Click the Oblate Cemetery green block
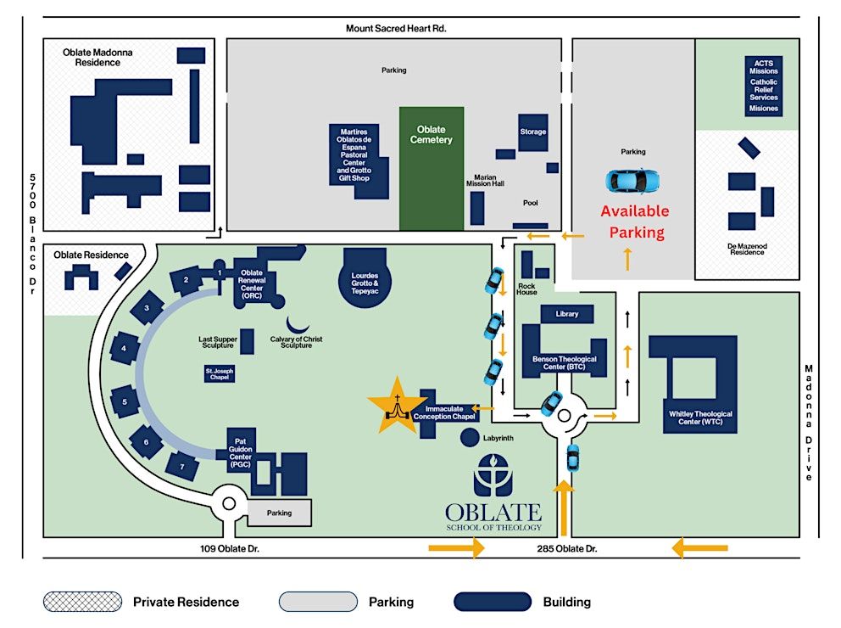tap(432, 168)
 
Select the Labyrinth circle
tap(469, 439)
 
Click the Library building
tap(566, 314)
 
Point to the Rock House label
tap(526, 289)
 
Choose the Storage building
tap(533, 132)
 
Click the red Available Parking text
tap(635, 221)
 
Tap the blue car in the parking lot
tap(632, 180)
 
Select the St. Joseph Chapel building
tap(219, 373)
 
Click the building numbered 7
tap(182, 465)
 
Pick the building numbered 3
tap(148, 308)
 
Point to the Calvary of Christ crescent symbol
tap(298, 324)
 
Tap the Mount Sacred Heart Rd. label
tap(396, 28)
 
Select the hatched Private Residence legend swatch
tap(82, 602)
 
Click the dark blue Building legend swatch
tap(492, 602)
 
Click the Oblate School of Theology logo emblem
tap(493, 476)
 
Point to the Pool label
tap(530, 203)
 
